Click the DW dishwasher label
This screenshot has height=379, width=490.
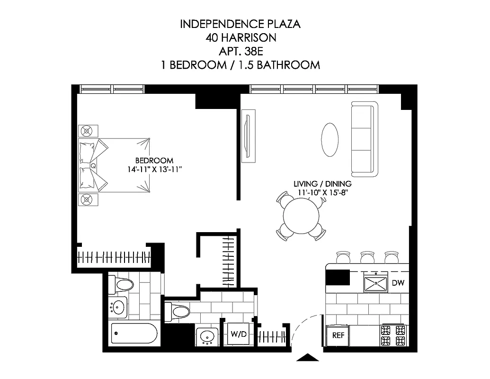(398, 283)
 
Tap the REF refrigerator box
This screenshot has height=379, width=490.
(338, 335)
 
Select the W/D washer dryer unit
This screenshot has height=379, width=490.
(238, 334)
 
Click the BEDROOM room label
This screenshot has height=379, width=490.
(154, 161)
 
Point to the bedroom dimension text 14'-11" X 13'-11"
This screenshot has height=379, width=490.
(154, 169)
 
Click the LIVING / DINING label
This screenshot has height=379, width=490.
(322, 184)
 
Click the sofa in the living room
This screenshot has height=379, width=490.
(364, 138)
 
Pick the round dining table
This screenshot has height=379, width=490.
(302, 215)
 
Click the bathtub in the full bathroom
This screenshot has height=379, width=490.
(134, 334)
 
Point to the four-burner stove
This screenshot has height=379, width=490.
(394, 335)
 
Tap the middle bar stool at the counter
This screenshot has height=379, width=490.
(367, 257)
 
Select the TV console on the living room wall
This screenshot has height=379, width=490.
(248, 135)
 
